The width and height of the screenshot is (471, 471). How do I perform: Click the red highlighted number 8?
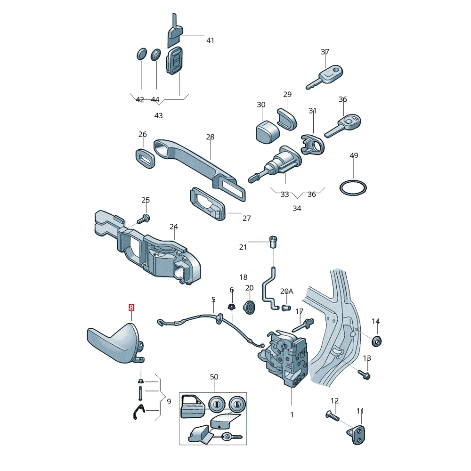click(x=131, y=307)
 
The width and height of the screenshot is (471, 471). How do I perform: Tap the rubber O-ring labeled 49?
click(x=353, y=180)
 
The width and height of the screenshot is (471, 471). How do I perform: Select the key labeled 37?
click(x=325, y=77)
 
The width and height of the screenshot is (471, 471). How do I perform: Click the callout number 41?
click(x=210, y=40)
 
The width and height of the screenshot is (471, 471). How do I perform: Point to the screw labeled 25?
click(x=144, y=219)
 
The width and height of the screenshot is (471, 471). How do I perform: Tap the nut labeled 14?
click(x=377, y=341)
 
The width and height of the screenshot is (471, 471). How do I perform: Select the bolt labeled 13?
click(x=364, y=374)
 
